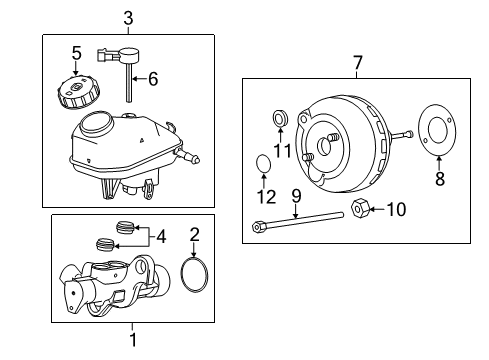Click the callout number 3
click(x=128, y=17)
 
